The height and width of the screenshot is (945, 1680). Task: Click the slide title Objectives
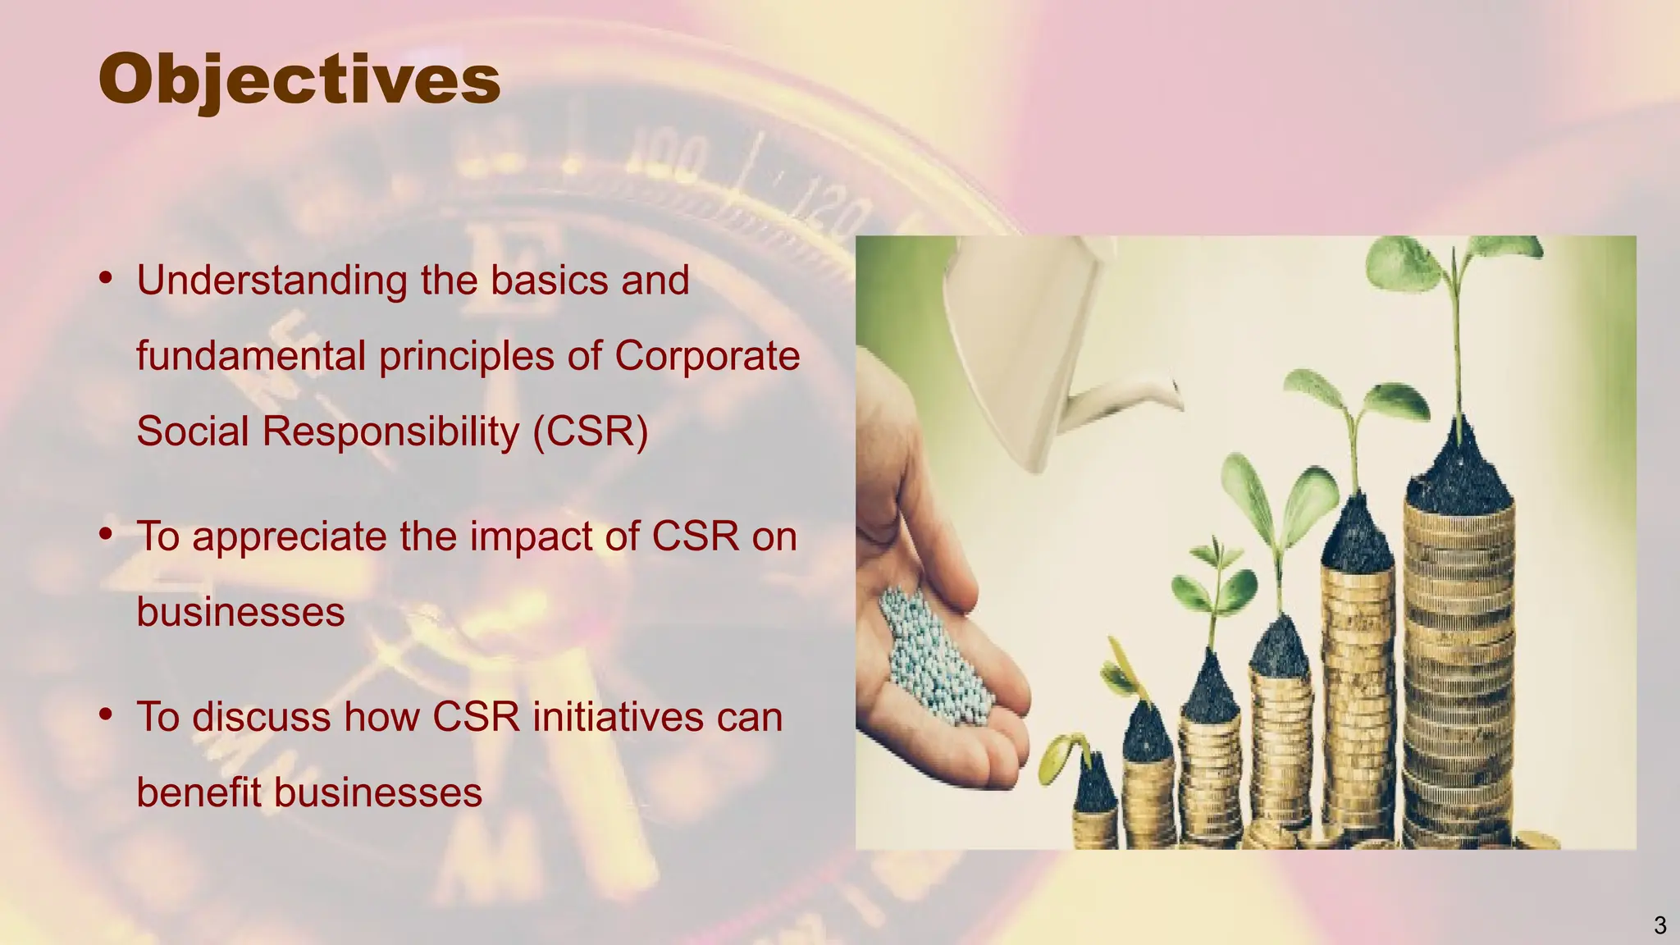pyautogui.click(x=299, y=80)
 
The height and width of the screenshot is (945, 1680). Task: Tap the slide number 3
pyautogui.click(x=1659, y=925)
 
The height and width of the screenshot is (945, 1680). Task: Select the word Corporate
pyautogui.click(x=706, y=356)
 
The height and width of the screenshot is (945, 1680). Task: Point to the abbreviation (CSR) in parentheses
pyautogui.click(x=591, y=431)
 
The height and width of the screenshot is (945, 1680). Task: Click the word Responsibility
pyautogui.click(x=390, y=431)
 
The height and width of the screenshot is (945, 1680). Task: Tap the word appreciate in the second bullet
pyautogui.click(x=290, y=537)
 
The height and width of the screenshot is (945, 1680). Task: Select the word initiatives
pyautogui.click(x=617, y=717)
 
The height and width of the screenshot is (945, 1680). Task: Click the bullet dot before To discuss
pyautogui.click(x=105, y=714)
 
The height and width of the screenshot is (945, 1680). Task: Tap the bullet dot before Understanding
pyautogui.click(x=105, y=278)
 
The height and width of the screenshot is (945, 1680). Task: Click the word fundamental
pyautogui.click(x=251, y=356)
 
